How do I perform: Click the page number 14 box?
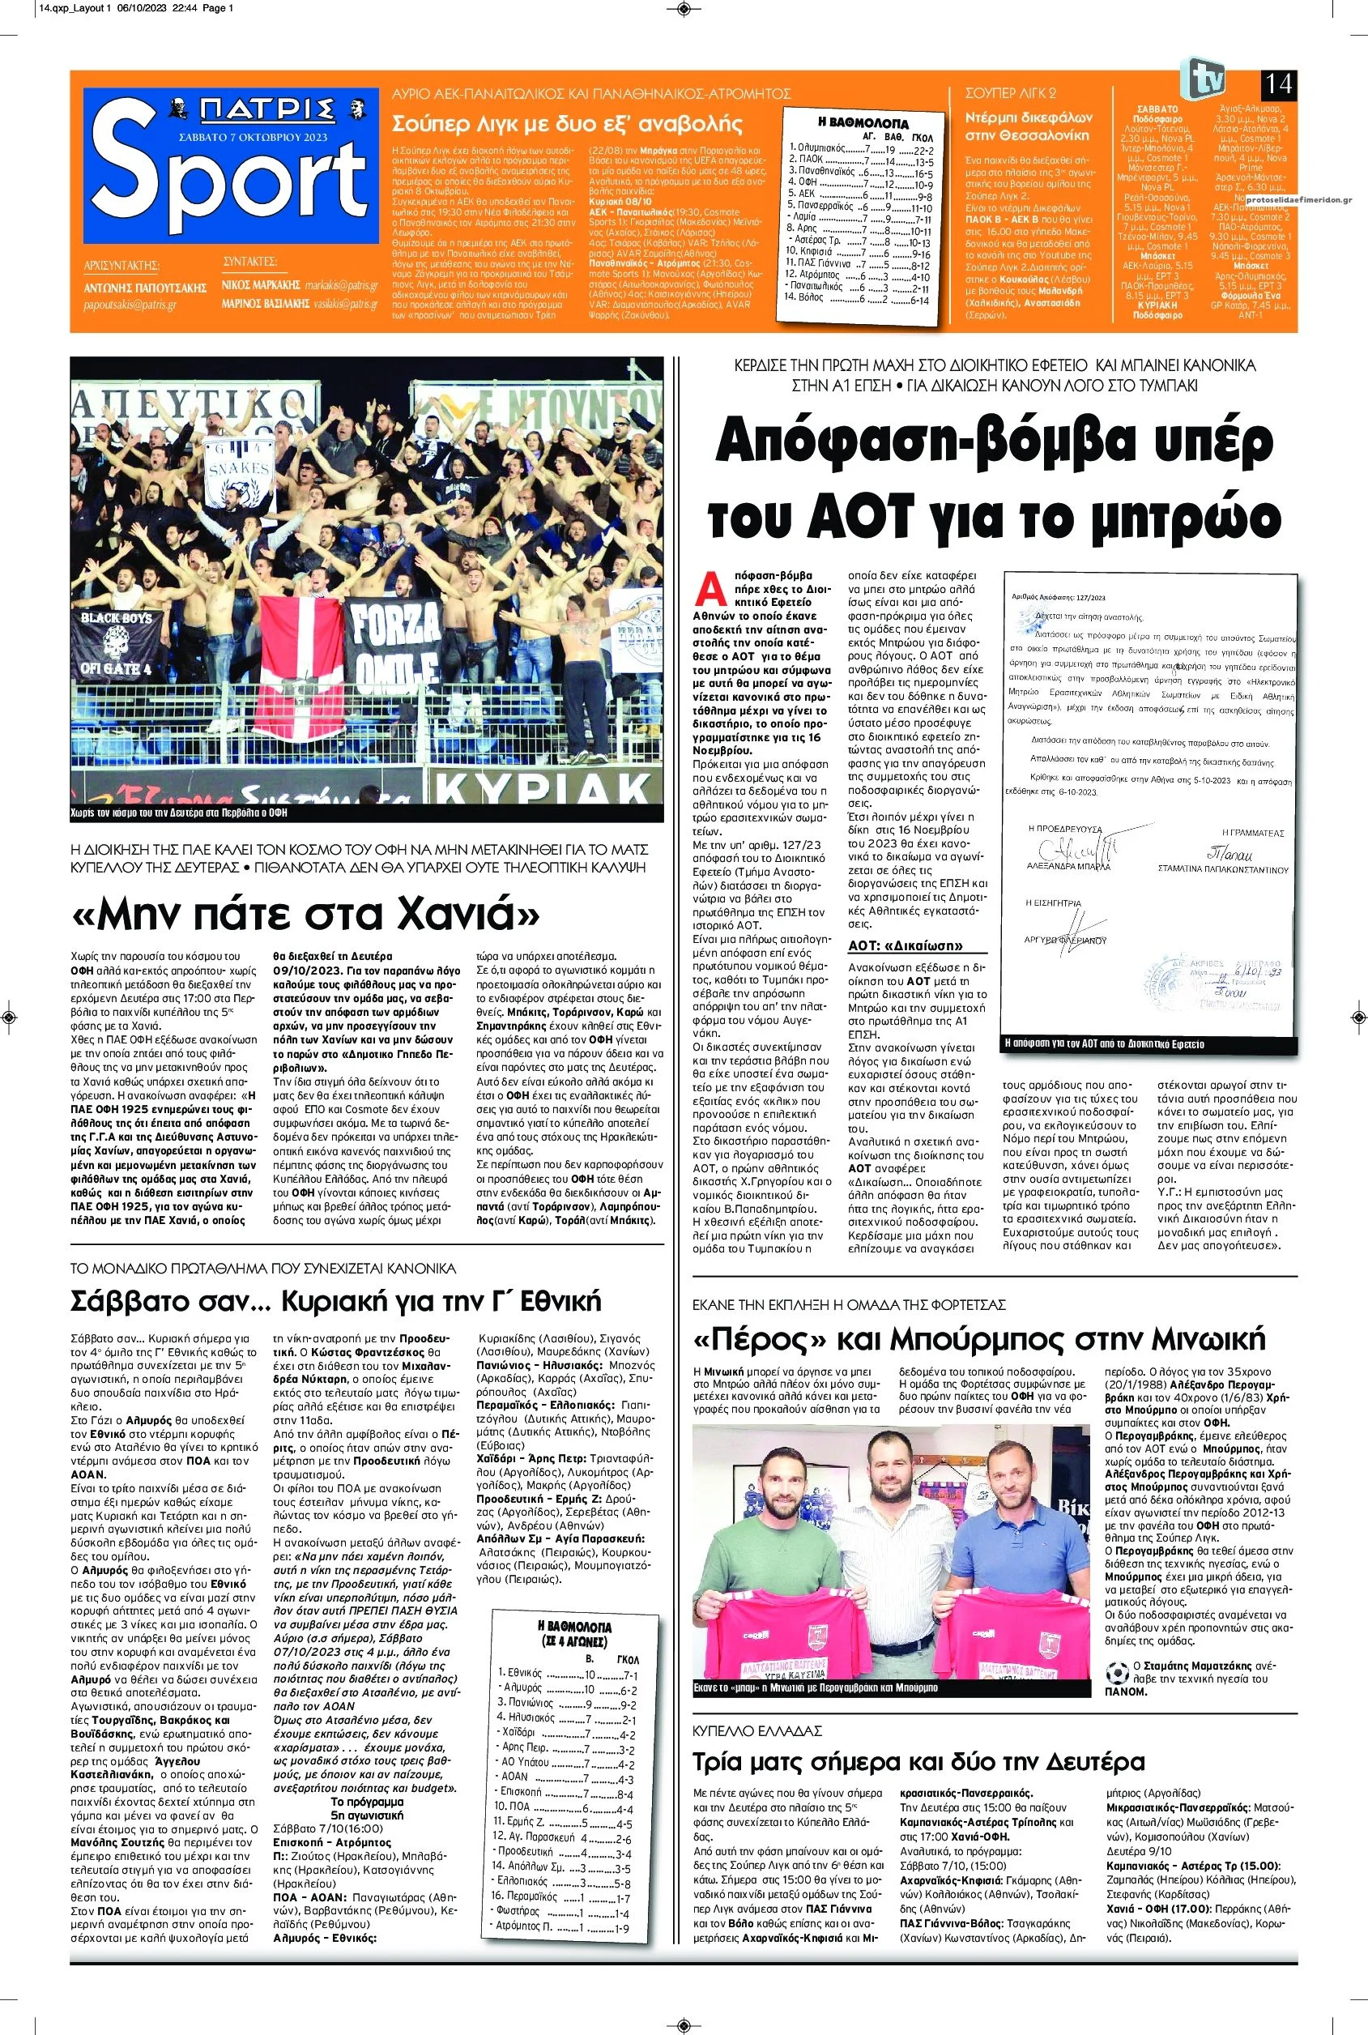coord(1278,86)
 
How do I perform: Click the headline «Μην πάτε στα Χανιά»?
coord(305,913)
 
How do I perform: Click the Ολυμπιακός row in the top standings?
coord(859,148)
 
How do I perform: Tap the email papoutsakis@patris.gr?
coord(130,305)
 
